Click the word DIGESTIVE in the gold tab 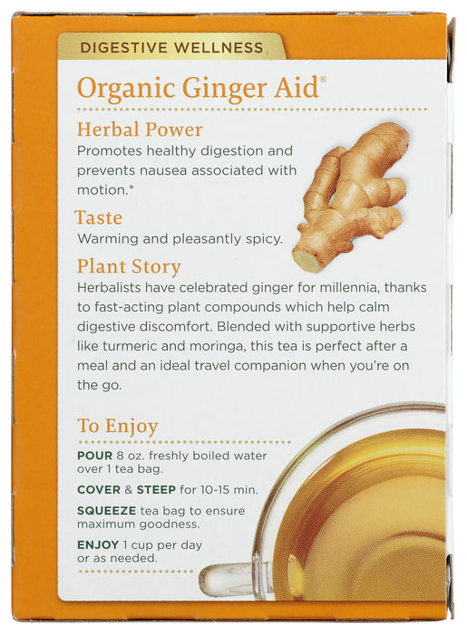coord(123,48)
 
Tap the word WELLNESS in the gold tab coord(219,48)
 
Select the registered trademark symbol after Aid coord(323,80)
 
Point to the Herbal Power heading coord(140,130)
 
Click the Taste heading coord(98,217)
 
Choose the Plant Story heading coord(129,267)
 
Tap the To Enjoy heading coord(117,427)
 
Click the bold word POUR coord(94,456)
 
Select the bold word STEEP coord(156,490)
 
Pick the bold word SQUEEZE coord(106,511)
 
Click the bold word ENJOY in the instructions coord(98,545)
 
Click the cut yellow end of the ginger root coord(304,258)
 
